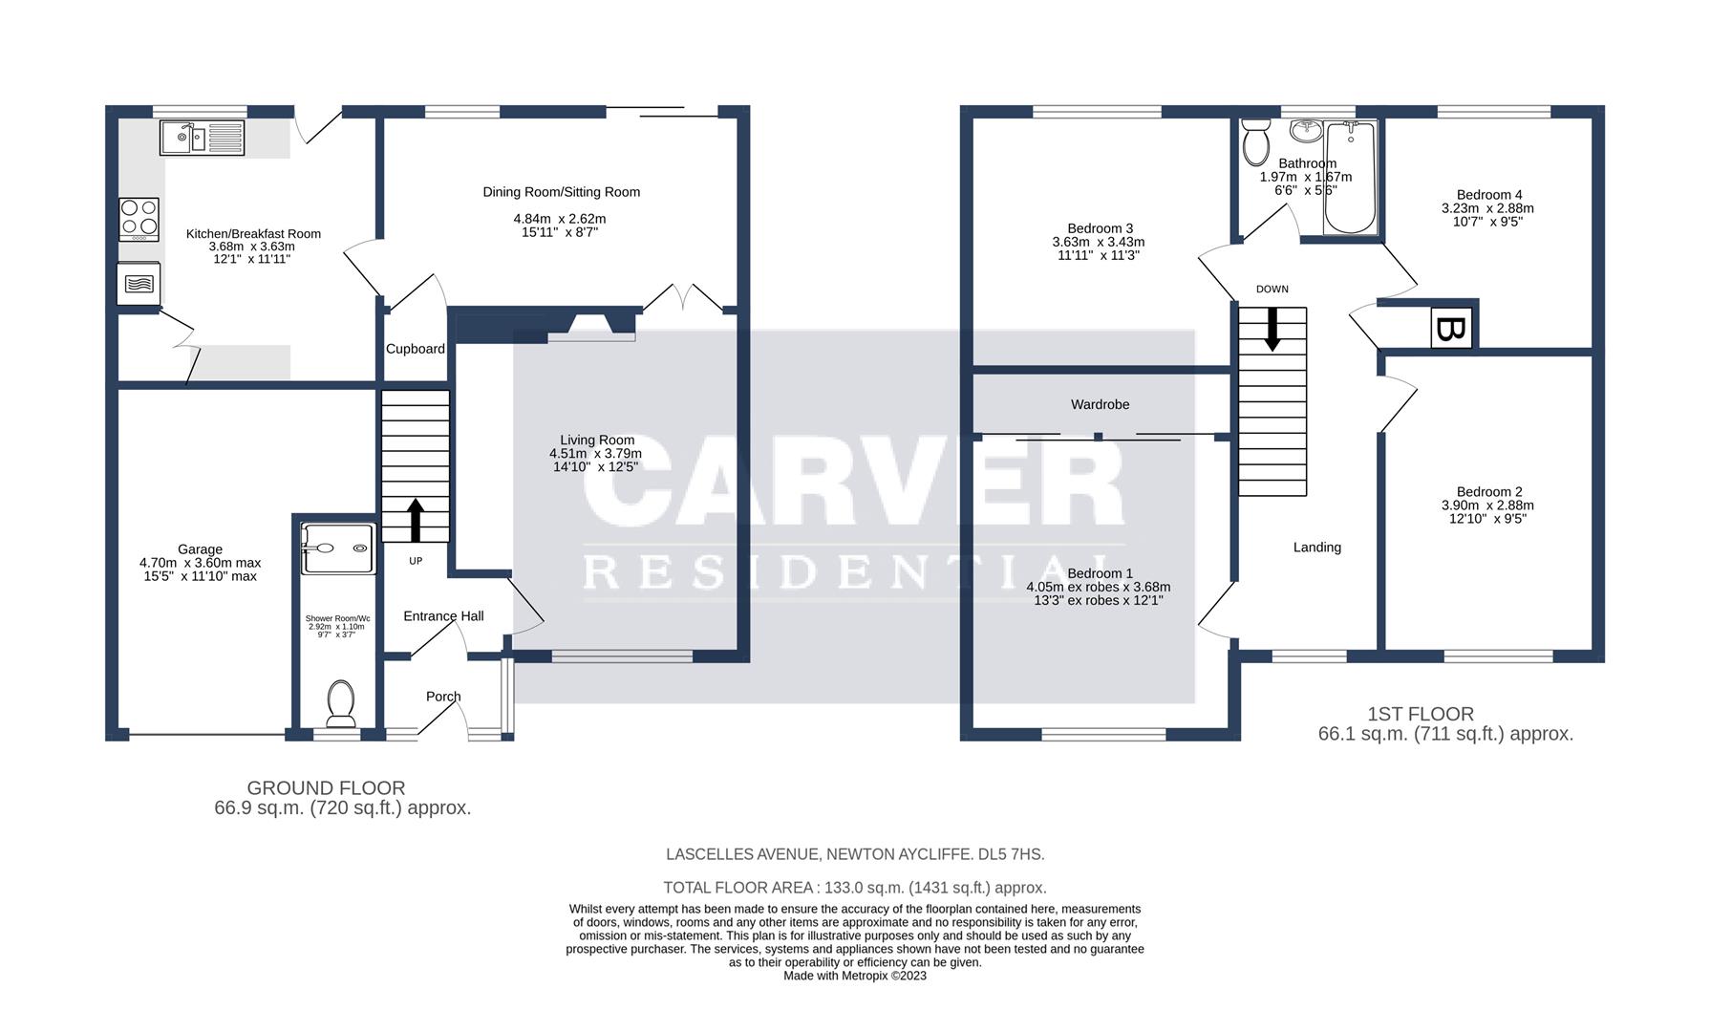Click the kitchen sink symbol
(x=202, y=138)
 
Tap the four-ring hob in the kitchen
(x=139, y=219)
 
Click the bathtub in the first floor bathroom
(x=1350, y=178)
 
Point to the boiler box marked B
(x=1450, y=329)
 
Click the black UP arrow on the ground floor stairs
(x=416, y=519)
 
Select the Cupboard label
(x=415, y=349)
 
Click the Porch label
(x=443, y=697)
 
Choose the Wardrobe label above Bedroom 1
(x=1100, y=404)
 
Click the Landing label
(x=1316, y=547)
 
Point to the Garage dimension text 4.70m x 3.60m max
(x=200, y=563)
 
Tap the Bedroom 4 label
(x=1487, y=195)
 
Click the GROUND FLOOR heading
(x=326, y=788)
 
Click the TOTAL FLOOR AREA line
(x=854, y=887)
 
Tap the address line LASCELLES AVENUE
(x=854, y=854)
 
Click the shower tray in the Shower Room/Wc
(x=337, y=548)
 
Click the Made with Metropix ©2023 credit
(x=854, y=976)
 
